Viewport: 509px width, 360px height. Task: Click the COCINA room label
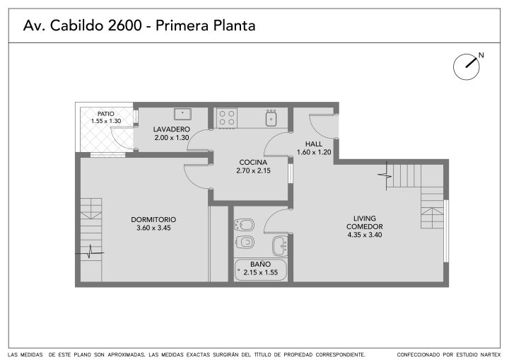pyautogui.click(x=253, y=162)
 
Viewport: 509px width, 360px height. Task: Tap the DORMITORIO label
pyautogui.click(x=153, y=220)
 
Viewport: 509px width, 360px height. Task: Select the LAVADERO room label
pyautogui.click(x=171, y=129)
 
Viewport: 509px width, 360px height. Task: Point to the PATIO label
pyautogui.click(x=106, y=114)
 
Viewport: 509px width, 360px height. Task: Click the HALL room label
pyautogui.click(x=314, y=144)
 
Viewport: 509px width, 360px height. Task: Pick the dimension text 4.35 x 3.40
pyautogui.click(x=365, y=235)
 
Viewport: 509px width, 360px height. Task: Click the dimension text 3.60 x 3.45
pyautogui.click(x=153, y=228)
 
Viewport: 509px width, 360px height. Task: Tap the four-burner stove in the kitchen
pyautogui.click(x=227, y=118)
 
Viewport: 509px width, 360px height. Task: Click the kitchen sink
pyautogui.click(x=271, y=117)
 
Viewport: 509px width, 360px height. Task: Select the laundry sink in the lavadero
pyautogui.click(x=183, y=114)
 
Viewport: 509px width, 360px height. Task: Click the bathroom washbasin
pyautogui.click(x=280, y=246)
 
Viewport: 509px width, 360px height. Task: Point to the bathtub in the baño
pyautogui.click(x=261, y=270)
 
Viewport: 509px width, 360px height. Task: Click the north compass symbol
pyautogui.click(x=467, y=67)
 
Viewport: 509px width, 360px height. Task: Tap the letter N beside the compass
pyautogui.click(x=481, y=55)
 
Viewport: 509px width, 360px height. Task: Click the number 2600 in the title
pyautogui.click(x=124, y=25)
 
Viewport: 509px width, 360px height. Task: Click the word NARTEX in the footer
pyautogui.click(x=491, y=354)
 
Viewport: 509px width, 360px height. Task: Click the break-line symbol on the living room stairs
pyautogui.click(x=386, y=175)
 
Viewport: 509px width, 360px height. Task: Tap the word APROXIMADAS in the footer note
pyautogui.click(x=126, y=354)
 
